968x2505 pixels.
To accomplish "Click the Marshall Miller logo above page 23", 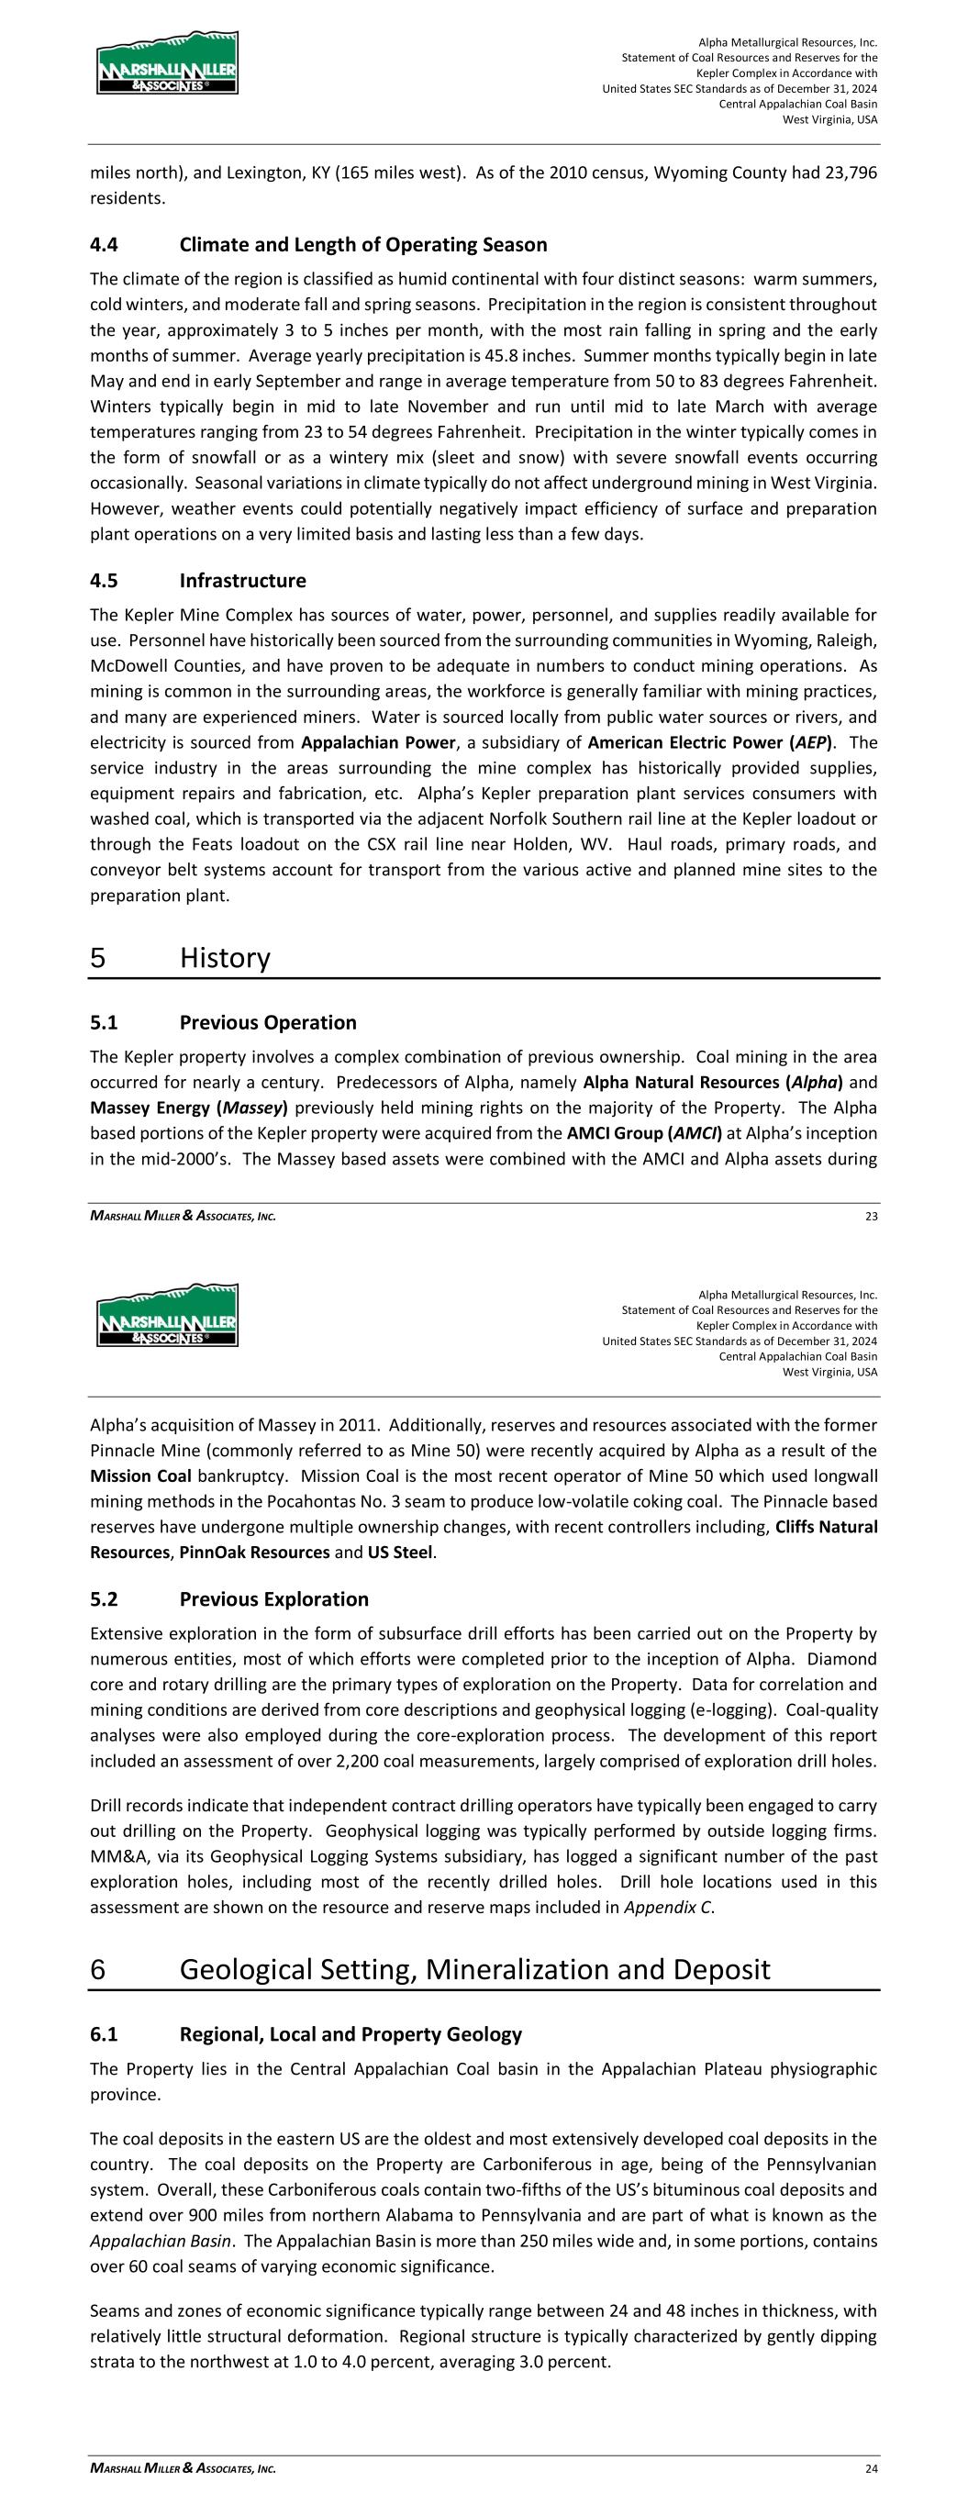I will [x=167, y=62].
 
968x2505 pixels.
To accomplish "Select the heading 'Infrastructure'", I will [x=242, y=581].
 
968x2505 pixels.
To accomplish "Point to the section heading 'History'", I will [x=225, y=958].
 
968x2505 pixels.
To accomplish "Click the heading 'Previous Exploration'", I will [x=273, y=1599].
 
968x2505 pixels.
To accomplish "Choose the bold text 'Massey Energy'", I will [x=148, y=1108].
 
